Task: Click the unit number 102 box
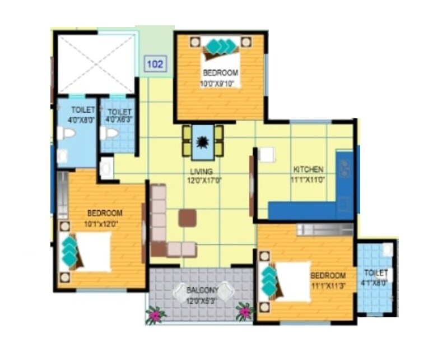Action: pyautogui.click(x=155, y=64)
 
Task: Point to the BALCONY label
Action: pyautogui.click(x=202, y=290)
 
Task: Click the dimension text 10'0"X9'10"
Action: pyautogui.click(x=220, y=84)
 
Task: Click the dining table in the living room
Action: pyautogui.click(x=202, y=141)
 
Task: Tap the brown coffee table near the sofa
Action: pyautogui.click(x=188, y=218)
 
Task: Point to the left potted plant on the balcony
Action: pyautogui.click(x=155, y=316)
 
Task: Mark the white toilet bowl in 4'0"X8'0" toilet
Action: pyautogui.click(x=67, y=134)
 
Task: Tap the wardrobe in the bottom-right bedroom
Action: pyautogui.click(x=324, y=229)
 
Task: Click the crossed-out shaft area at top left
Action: pyautogui.click(x=97, y=64)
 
